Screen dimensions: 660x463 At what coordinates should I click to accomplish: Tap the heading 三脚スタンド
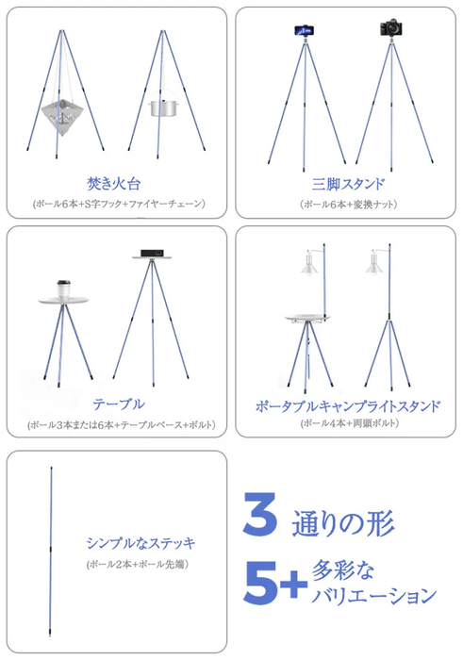(348, 182)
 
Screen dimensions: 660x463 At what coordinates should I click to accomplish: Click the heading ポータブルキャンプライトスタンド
(348, 406)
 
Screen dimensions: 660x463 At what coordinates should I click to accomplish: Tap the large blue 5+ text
(274, 584)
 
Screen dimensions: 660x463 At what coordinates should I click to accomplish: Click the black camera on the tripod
(391, 29)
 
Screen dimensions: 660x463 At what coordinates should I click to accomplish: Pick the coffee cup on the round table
(65, 287)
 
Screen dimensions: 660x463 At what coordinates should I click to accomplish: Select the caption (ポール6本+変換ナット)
(348, 204)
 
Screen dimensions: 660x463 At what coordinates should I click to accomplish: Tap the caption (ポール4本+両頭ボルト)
(348, 423)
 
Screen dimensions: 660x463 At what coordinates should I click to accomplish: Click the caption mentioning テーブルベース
(120, 424)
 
